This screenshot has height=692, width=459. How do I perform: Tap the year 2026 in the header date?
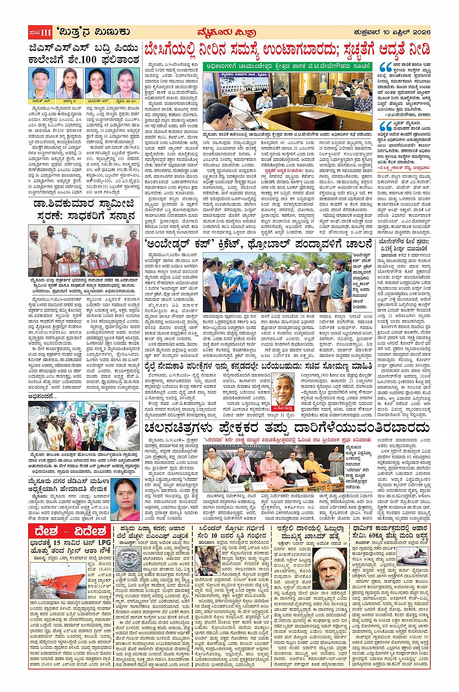click(x=418, y=33)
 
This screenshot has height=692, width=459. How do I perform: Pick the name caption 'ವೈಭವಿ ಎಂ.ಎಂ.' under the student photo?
click(x=127, y=100)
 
